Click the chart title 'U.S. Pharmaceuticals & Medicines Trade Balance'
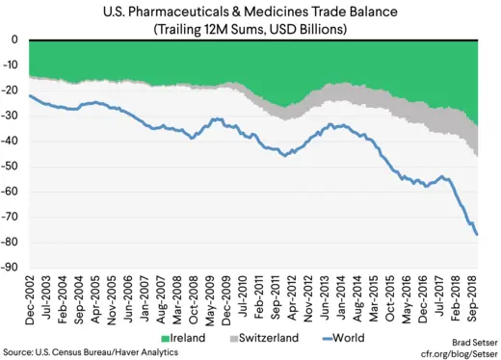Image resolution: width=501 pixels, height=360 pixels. (x=250, y=12)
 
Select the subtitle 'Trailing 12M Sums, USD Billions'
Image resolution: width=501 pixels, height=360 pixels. (x=250, y=28)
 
